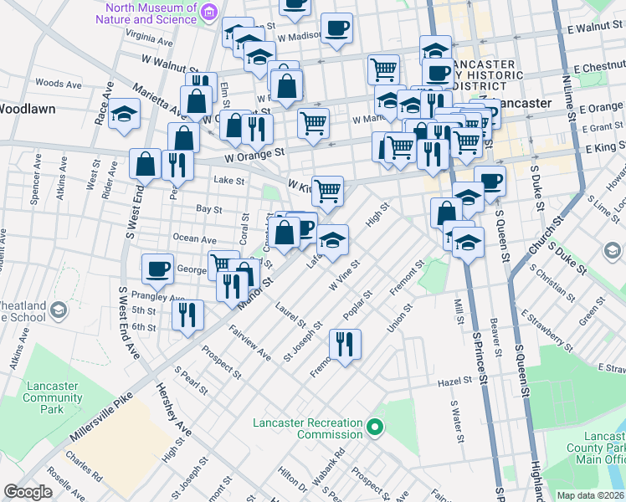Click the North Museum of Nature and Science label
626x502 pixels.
pos(151,13)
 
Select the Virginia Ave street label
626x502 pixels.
pos(148,38)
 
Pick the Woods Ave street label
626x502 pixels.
pos(59,84)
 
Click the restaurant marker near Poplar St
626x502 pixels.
pos(344,343)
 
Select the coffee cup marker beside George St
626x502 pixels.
pos(157,269)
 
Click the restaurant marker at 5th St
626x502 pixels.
pos(187,315)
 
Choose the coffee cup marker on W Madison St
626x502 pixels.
pos(336,28)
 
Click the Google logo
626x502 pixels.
pos(28,492)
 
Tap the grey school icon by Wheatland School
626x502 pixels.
pos(59,310)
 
